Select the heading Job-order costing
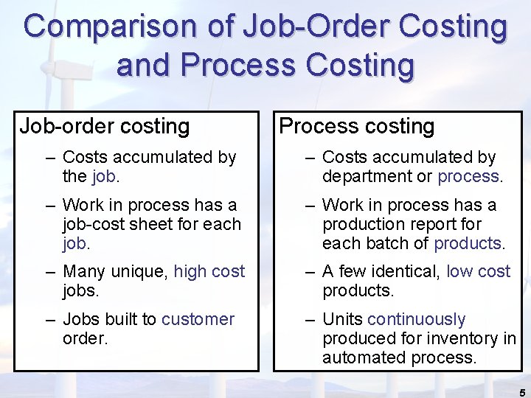105,127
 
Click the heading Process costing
357,127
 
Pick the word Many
83,271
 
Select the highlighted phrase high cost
209,271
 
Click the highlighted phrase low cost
479,271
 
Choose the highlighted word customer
198,319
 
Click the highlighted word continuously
416,319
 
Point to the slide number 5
522,392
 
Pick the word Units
342,319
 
